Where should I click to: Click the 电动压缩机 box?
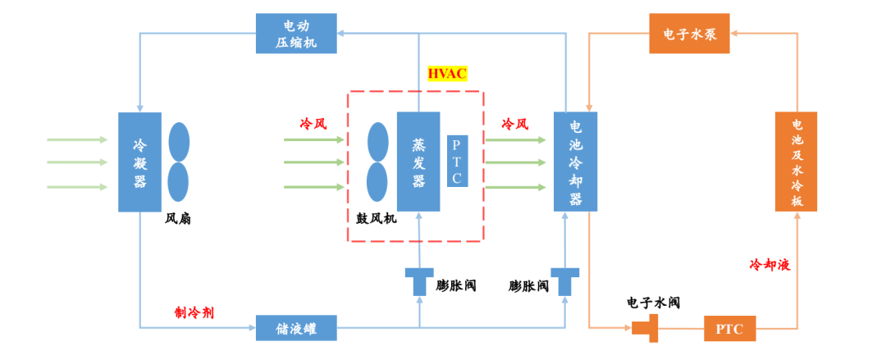tap(296, 34)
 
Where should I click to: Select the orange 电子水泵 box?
tap(689, 34)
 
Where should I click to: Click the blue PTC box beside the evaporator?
tap(458, 160)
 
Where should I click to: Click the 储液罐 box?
tap(296, 328)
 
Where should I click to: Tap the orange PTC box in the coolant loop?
tap(729, 328)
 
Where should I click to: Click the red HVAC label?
tap(447, 74)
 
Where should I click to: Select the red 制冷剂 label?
tap(194, 312)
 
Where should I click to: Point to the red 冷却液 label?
tap(770, 265)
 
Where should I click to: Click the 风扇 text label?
tap(178, 219)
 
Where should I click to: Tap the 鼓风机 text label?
tap(377, 219)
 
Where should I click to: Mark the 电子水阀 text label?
tap(653, 302)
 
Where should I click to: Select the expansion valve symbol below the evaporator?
tap(419, 280)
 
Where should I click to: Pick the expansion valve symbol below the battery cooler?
tap(565, 280)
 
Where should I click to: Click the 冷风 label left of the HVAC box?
tap(313, 124)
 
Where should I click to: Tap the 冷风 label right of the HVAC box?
tap(514, 124)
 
